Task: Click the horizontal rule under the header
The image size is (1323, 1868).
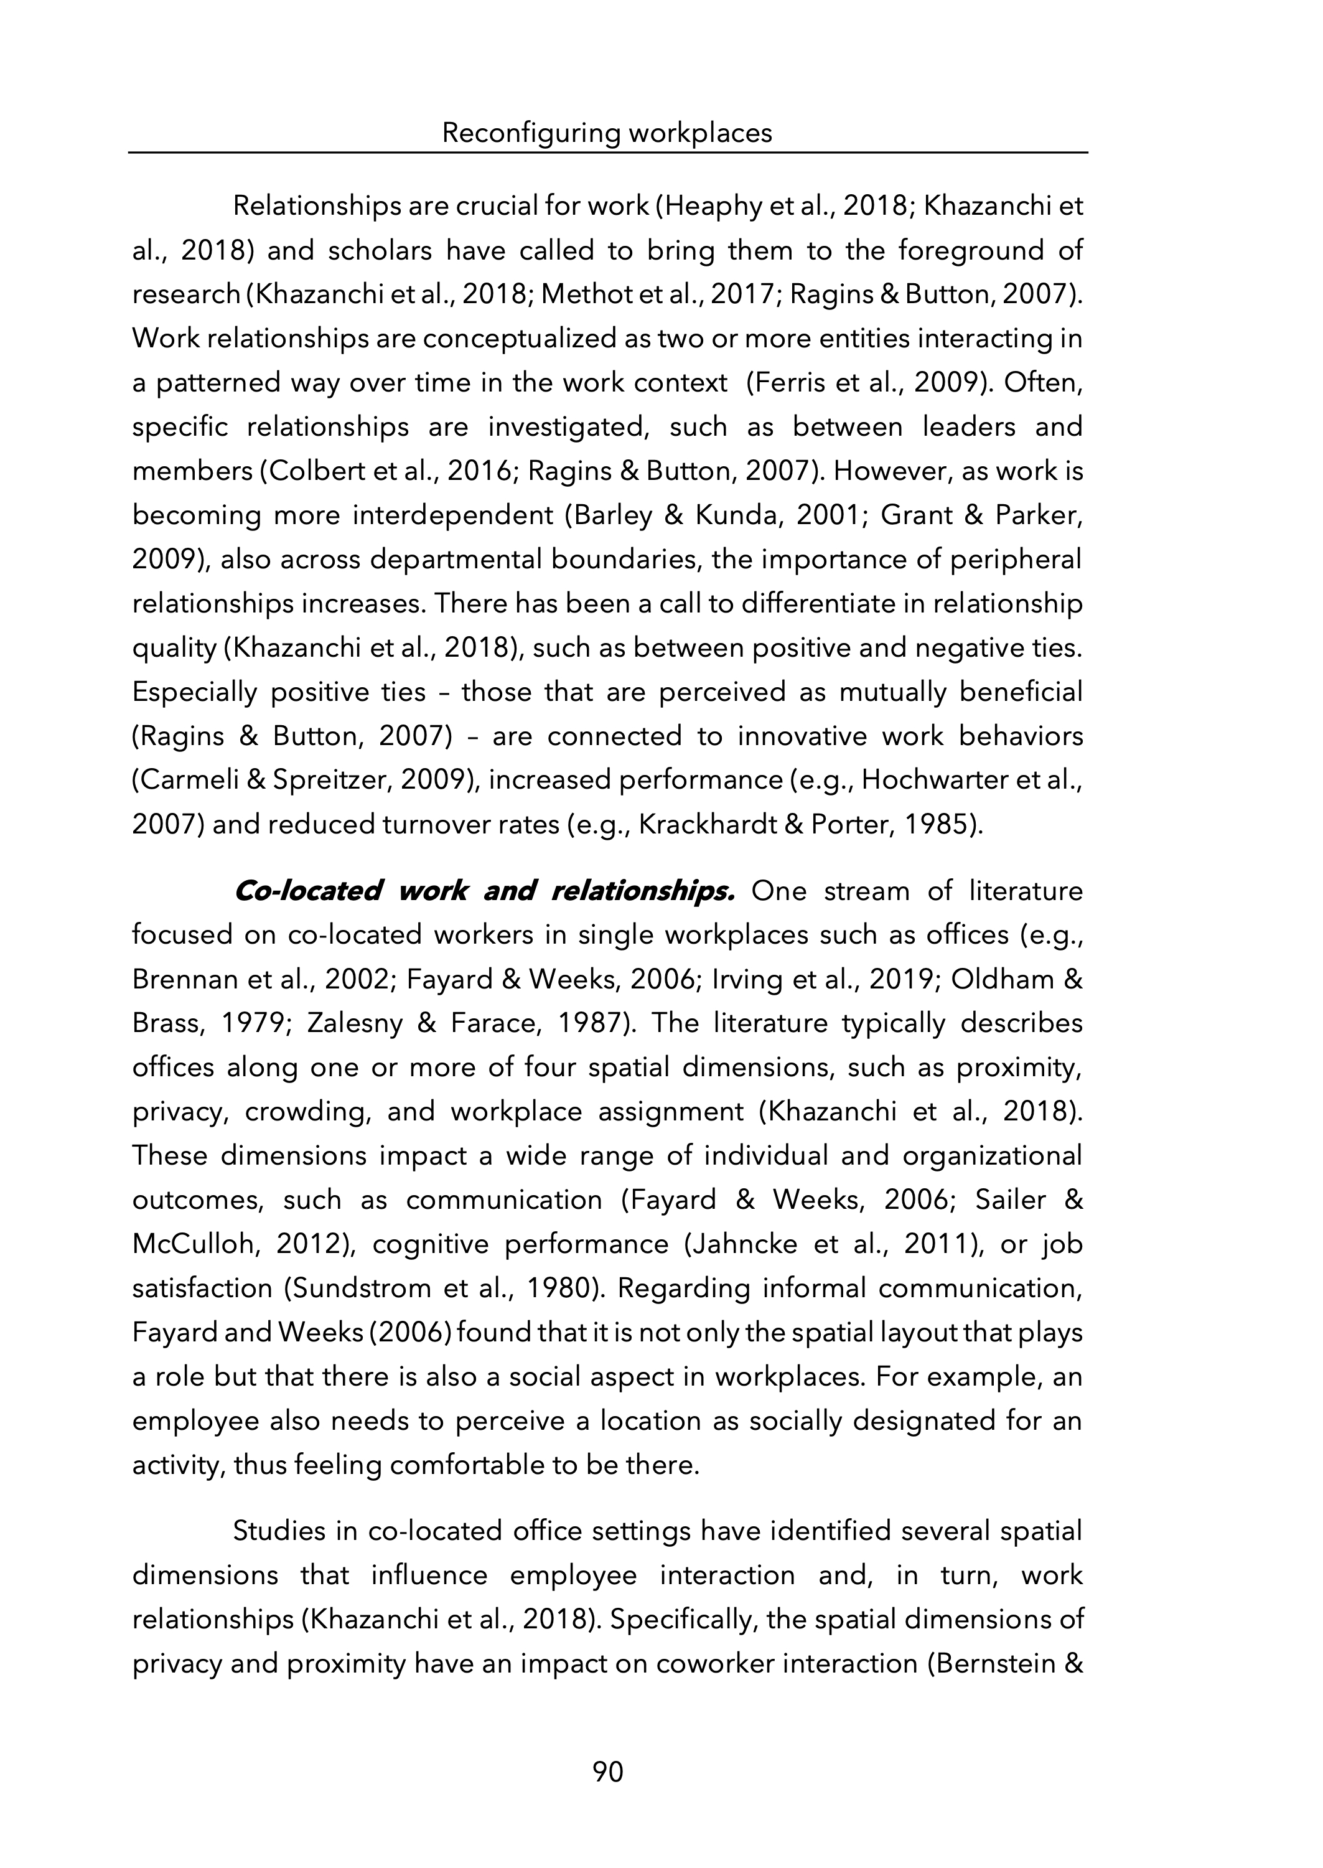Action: click(x=608, y=153)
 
